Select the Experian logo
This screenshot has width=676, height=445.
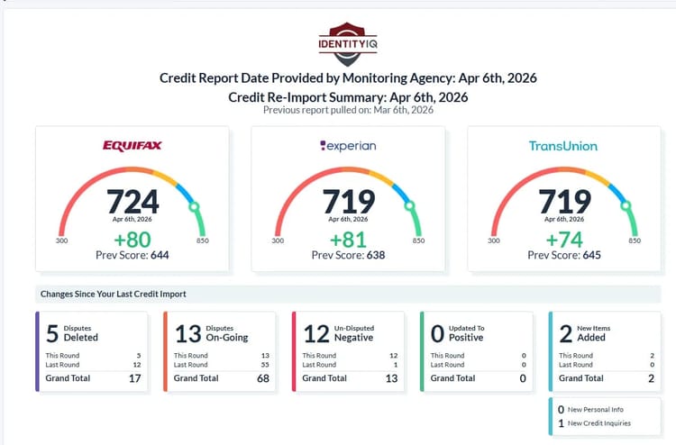(348, 146)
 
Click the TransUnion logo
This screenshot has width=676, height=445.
(563, 146)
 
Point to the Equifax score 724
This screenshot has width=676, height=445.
(132, 201)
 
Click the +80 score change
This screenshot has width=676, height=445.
(132, 239)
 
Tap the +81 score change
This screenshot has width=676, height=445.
(348, 239)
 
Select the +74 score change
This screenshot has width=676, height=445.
(563, 239)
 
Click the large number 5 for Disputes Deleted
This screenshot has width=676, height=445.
(51, 333)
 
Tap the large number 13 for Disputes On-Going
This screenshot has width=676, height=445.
(187, 333)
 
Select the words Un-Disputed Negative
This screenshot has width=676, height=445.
(353, 333)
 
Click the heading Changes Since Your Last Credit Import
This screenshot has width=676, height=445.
(113, 294)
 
